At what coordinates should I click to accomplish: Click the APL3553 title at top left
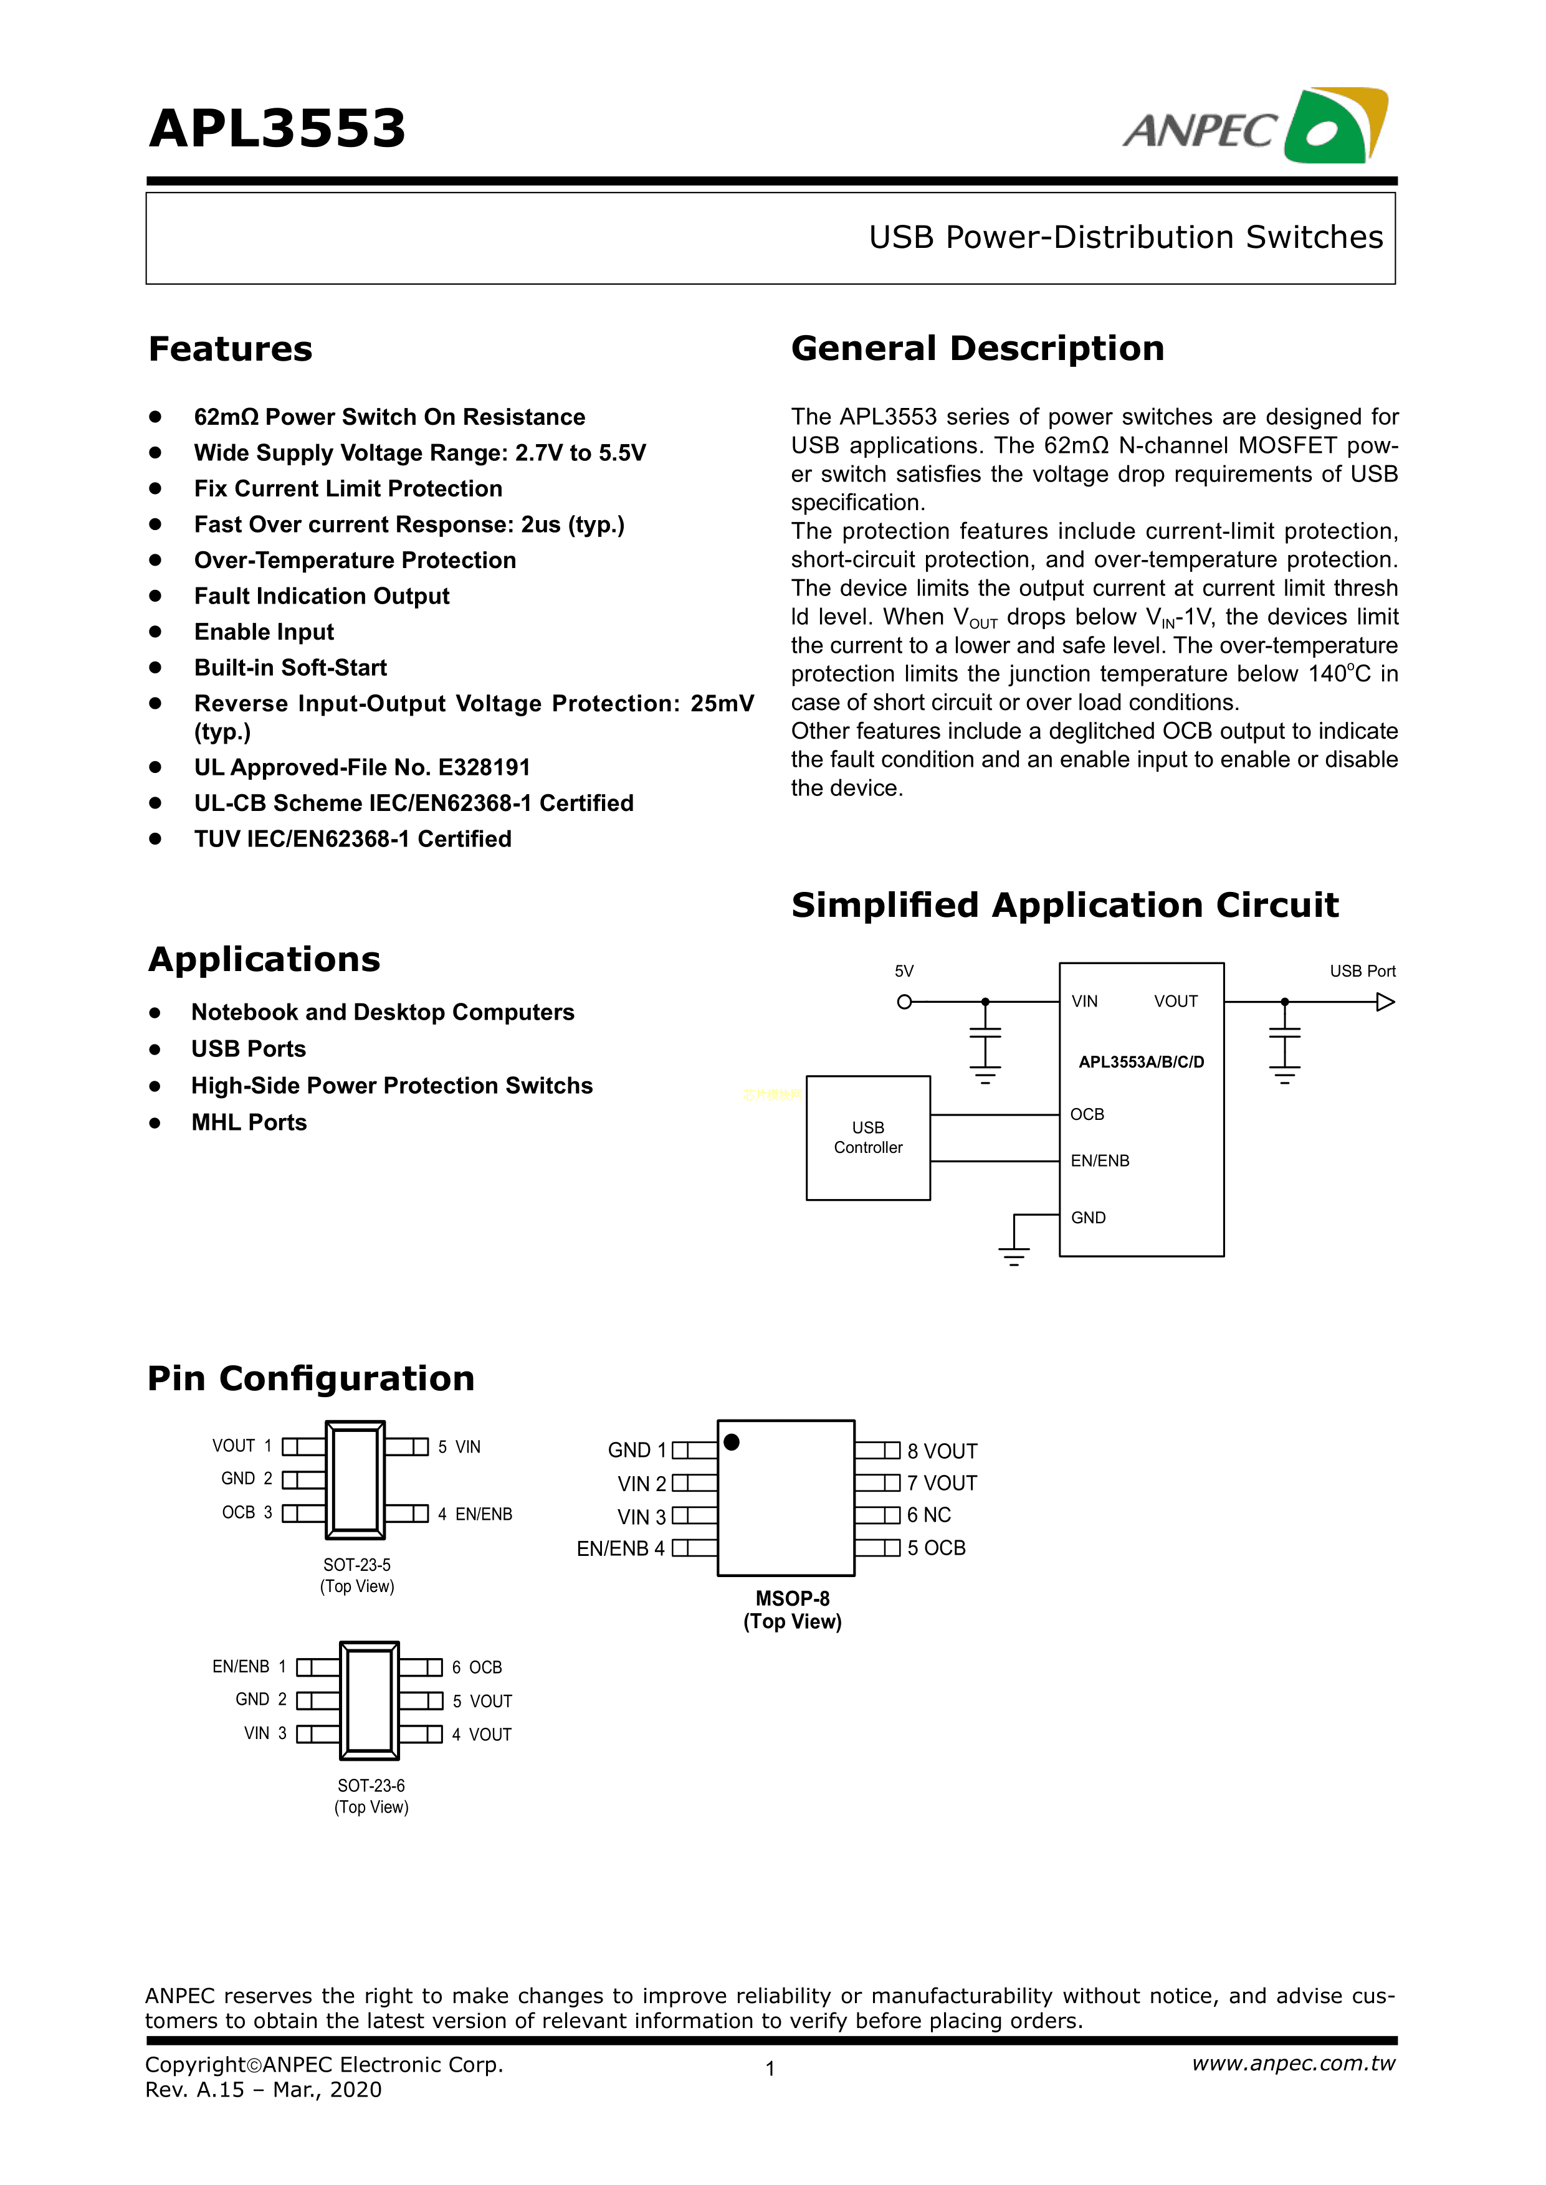click(277, 130)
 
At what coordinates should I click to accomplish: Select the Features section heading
click(231, 349)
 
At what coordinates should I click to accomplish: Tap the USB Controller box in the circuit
click(867, 1137)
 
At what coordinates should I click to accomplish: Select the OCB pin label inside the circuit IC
click(1087, 1114)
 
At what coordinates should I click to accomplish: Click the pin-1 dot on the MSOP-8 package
click(731, 1443)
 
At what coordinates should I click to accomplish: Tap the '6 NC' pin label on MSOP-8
click(928, 1515)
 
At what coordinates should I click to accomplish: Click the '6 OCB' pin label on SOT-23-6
click(477, 1668)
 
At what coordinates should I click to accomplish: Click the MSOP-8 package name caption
click(792, 1599)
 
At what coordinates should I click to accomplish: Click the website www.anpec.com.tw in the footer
click(1293, 2063)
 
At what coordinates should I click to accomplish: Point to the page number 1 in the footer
click(770, 2068)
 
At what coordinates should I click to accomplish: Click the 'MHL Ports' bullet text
click(249, 1123)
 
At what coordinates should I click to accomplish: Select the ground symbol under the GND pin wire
click(1014, 1256)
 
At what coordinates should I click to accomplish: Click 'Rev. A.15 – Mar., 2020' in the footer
click(264, 2090)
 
